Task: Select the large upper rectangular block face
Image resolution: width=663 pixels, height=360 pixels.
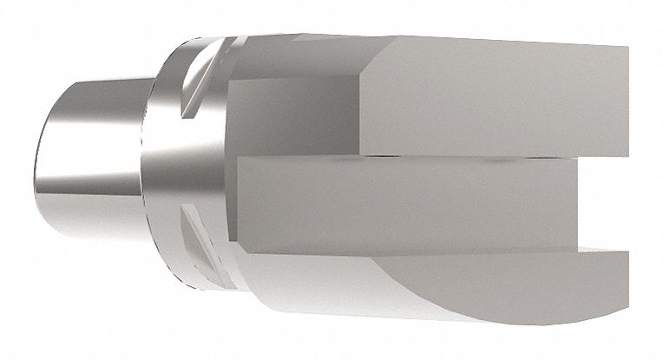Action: coord(495,100)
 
